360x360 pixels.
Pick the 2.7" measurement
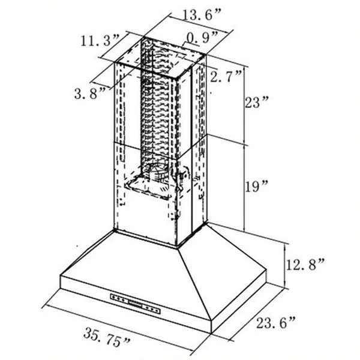[x=227, y=76]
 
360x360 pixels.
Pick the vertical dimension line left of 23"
[x=245, y=102]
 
